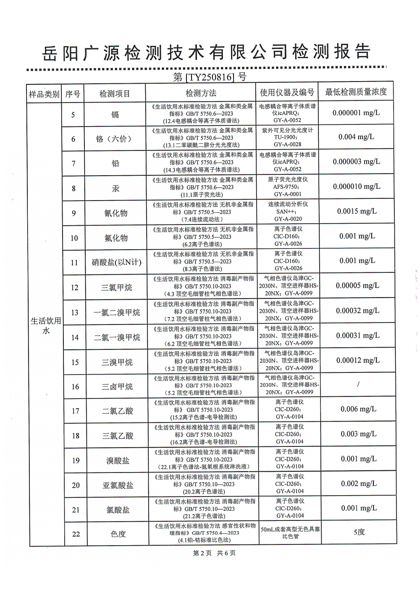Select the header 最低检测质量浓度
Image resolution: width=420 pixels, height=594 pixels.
tap(356, 92)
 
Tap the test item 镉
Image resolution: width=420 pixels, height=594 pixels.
tap(115, 114)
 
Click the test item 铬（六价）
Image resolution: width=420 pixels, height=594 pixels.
tap(115, 139)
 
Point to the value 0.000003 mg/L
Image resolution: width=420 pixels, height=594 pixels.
tap(357, 162)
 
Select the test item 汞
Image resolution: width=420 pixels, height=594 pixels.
tap(115, 188)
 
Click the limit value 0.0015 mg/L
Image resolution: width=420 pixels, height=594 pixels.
tap(357, 211)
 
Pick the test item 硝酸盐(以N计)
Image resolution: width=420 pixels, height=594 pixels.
tap(116, 263)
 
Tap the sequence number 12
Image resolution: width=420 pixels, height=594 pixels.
tap(74, 288)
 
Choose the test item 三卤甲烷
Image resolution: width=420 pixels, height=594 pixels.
tap(117, 387)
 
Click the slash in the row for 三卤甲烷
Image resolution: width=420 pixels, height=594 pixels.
tap(358, 385)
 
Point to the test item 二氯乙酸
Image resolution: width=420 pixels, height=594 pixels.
tap(117, 411)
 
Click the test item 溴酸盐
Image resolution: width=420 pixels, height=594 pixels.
tap(118, 461)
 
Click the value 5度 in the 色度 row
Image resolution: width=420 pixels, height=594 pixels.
tap(359, 532)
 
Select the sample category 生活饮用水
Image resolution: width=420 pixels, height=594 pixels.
tap(46, 326)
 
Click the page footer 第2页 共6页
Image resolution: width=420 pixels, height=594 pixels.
tap(214, 553)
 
